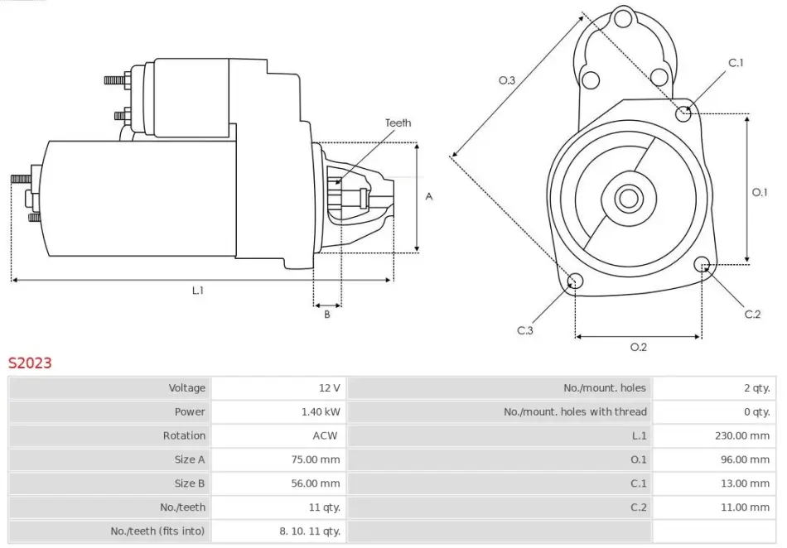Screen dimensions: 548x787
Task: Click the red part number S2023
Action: (30, 363)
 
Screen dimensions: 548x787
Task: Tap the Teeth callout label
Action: (398, 123)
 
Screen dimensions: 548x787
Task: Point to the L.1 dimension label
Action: (198, 291)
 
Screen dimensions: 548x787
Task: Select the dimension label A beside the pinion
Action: (429, 196)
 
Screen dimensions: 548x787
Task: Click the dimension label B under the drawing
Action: (326, 314)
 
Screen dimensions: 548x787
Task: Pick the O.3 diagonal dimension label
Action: (507, 80)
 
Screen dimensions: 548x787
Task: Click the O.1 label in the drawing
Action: (760, 192)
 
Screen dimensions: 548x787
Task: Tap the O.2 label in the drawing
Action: (638, 347)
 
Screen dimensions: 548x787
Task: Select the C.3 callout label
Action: (525, 330)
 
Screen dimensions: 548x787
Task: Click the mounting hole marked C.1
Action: (683, 113)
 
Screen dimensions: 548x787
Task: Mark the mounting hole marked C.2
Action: (704, 266)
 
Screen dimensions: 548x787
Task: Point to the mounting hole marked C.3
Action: (573, 283)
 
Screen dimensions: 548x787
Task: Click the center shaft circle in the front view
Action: (628, 198)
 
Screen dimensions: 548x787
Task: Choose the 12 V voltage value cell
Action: (329, 387)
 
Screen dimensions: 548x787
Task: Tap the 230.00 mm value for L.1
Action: (742, 435)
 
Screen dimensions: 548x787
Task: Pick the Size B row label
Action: (190, 483)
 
